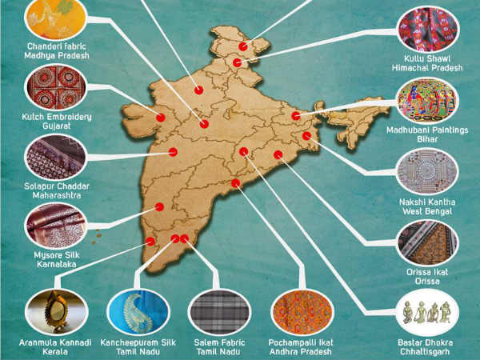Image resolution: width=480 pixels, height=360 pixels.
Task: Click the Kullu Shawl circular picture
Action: [x=429, y=29]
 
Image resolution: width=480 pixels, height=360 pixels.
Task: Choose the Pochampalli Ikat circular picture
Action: [x=302, y=312]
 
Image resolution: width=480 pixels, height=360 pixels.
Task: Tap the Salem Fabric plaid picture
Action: [x=218, y=312]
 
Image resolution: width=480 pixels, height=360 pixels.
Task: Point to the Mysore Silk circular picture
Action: [x=55, y=225]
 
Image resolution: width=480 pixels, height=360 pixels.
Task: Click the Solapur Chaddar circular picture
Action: [x=55, y=156]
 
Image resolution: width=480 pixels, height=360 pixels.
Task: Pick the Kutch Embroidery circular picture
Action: [x=56, y=87]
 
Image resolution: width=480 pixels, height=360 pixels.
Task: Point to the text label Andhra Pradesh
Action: [x=302, y=351]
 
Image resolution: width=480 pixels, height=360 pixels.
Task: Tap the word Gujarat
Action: [x=56, y=127]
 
